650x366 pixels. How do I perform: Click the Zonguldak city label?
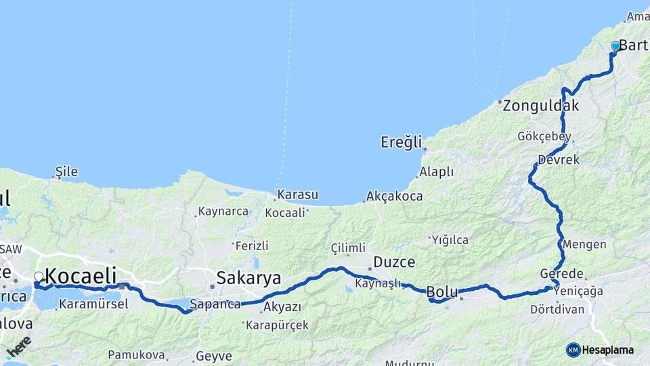(540, 106)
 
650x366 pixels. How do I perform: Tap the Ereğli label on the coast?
(402, 142)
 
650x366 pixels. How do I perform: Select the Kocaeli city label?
(81, 276)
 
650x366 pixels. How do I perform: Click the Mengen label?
(584, 244)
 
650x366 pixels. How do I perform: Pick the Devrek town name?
(559, 161)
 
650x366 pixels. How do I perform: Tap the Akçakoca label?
(394, 197)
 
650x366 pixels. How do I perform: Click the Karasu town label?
(297, 195)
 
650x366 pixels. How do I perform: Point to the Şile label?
(66, 171)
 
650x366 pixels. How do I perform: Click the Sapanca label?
(215, 304)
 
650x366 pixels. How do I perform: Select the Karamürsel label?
(93, 304)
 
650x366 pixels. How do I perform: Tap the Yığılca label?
(450, 239)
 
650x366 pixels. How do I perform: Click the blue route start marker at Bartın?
(615, 46)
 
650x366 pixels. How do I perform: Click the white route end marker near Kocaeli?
(39, 277)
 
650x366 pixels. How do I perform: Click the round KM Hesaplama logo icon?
(573, 350)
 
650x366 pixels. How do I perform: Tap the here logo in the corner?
(19, 346)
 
